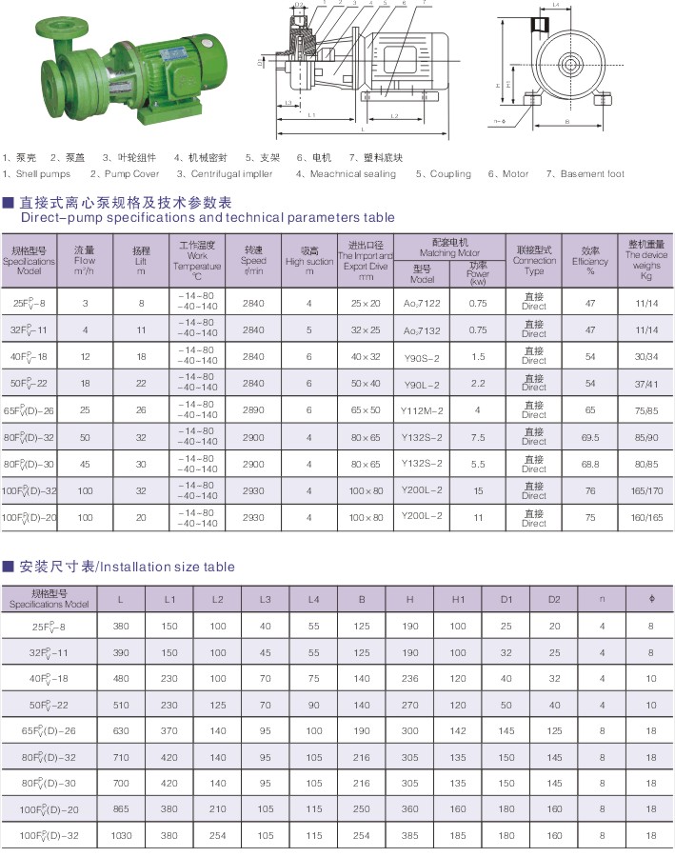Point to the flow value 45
click(86, 465)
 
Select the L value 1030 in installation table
click(121, 835)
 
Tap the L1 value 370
click(170, 731)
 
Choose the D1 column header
click(506, 600)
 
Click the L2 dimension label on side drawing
click(394, 115)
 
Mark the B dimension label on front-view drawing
click(566, 122)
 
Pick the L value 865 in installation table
click(121, 808)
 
